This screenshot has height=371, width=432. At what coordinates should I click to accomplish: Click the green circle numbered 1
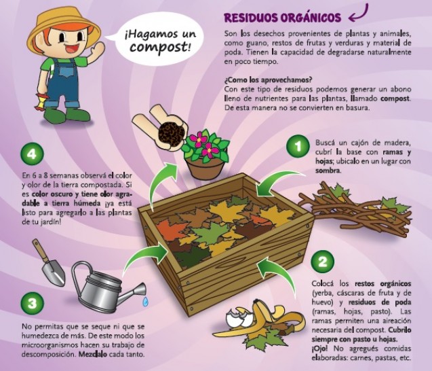click(x=298, y=147)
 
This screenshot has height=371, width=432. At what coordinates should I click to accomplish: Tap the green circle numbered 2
click(x=323, y=262)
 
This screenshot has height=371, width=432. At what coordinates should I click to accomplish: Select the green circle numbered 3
click(x=33, y=303)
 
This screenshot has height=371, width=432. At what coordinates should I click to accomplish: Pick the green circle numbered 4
click(x=33, y=154)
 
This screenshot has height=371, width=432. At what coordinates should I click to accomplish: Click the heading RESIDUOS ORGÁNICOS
click(x=282, y=18)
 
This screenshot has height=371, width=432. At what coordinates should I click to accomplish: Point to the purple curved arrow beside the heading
click(x=359, y=14)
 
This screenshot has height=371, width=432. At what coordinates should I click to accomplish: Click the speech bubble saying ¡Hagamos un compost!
click(x=160, y=41)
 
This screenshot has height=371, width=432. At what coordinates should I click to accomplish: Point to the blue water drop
click(x=145, y=302)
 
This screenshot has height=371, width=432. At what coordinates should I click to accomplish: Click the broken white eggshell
click(x=239, y=317)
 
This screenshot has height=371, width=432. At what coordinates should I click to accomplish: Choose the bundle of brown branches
click(x=355, y=209)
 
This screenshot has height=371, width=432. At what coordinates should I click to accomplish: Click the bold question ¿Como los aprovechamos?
click(x=268, y=80)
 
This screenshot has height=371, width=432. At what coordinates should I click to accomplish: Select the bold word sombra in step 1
click(x=328, y=171)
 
